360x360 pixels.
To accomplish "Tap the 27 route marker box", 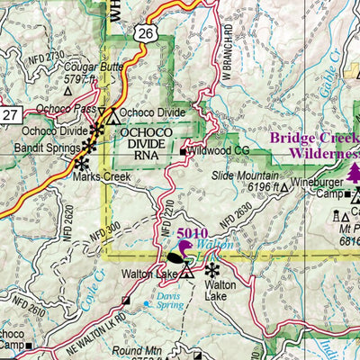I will click(9, 114).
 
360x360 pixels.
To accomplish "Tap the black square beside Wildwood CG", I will click(183, 152).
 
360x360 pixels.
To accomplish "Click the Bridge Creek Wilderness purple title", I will click(315, 146).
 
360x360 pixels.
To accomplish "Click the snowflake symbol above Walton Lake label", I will click(212, 269).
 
